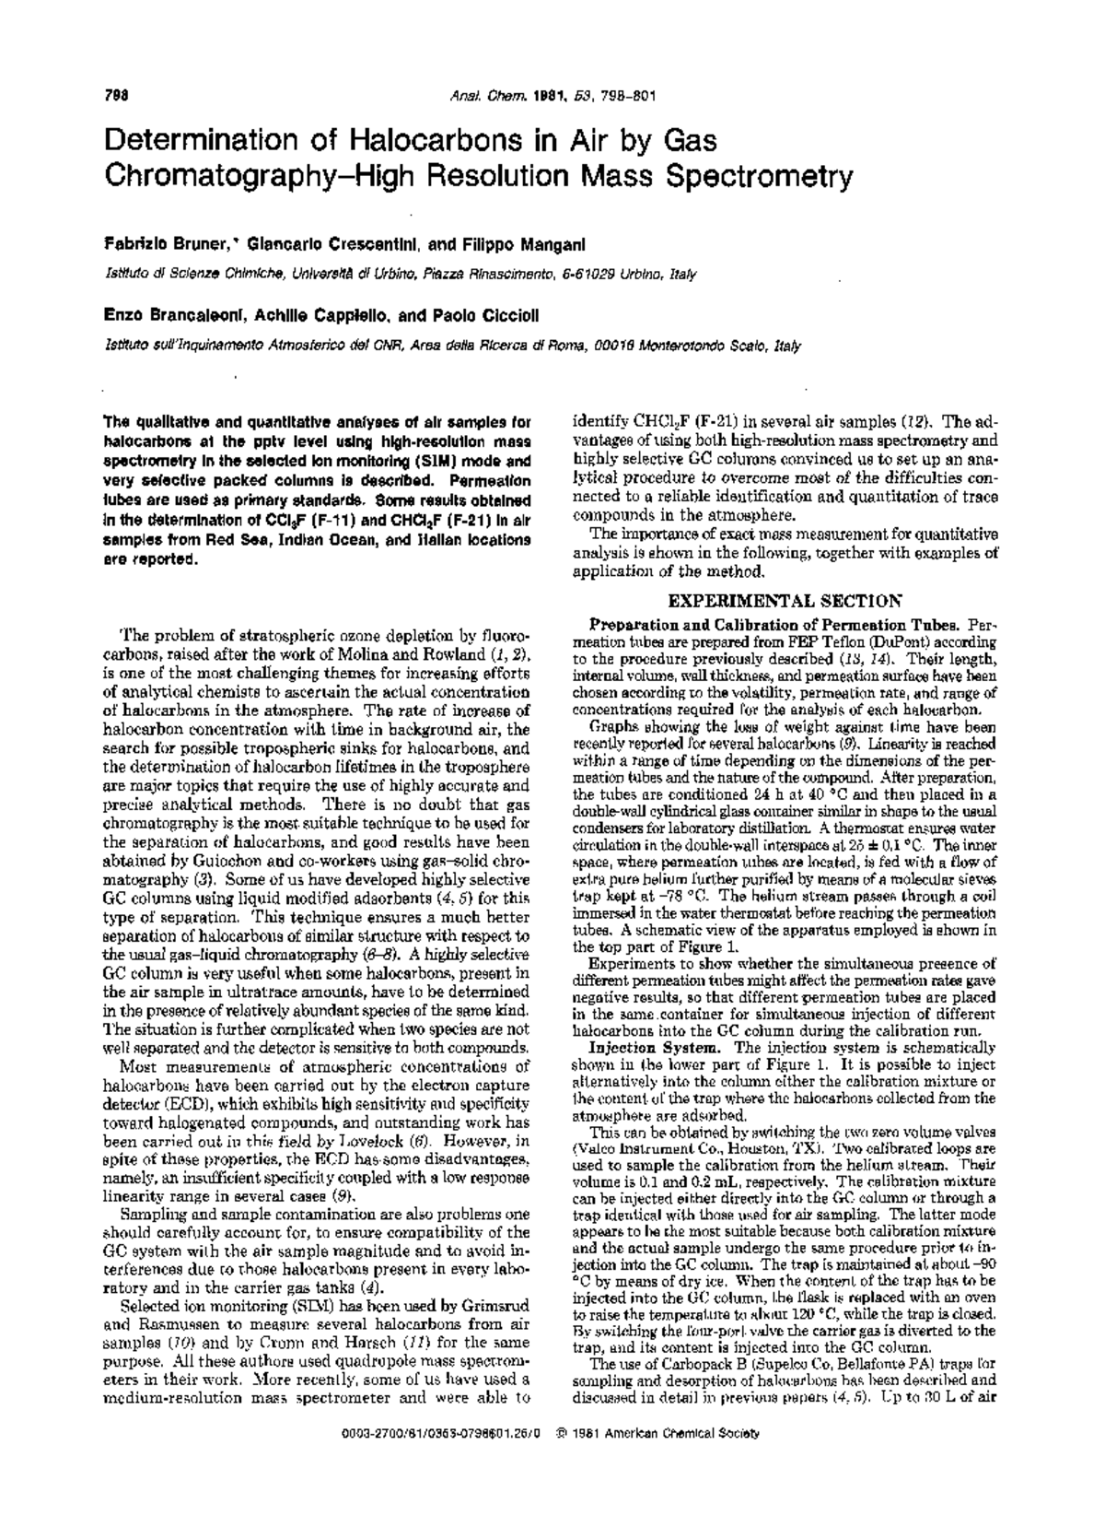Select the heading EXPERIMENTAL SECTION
point(784,601)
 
